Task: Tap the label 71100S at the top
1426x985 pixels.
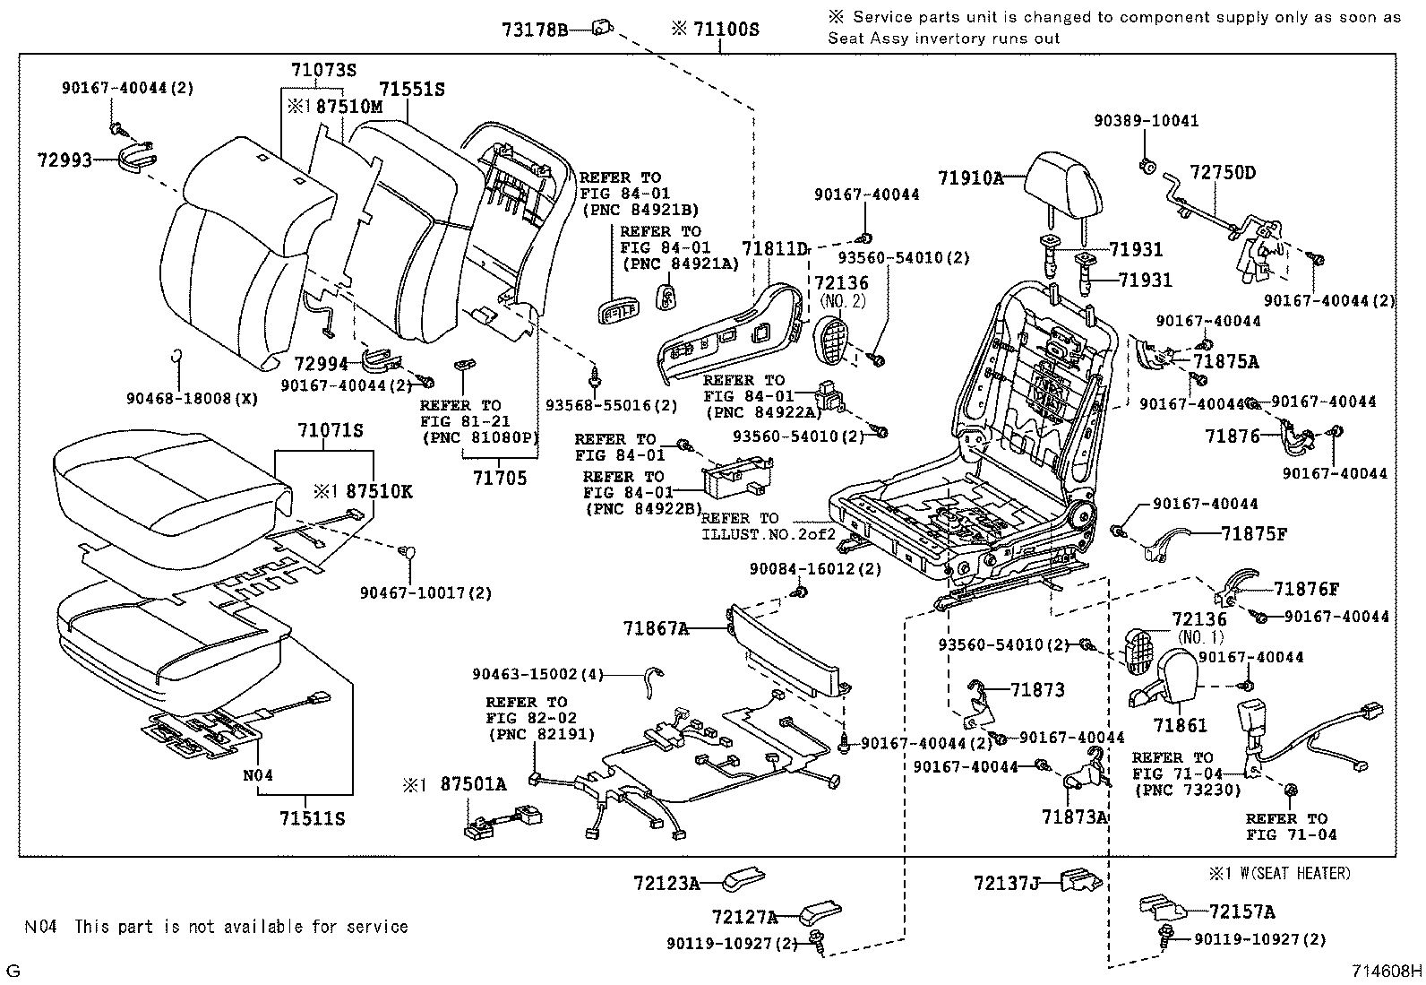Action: [x=726, y=30]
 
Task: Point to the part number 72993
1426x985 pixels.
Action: [x=65, y=160]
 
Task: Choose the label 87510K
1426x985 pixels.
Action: [x=379, y=491]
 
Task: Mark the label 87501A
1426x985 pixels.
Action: [x=473, y=785]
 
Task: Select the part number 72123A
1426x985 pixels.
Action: [x=666, y=884]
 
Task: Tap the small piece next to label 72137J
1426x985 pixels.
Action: [x=1079, y=880]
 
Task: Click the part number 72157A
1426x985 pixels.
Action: [x=1241, y=912]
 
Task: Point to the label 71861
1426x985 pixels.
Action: [x=1181, y=726]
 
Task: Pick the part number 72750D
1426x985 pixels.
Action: [x=1223, y=172]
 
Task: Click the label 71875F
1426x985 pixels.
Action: [x=1254, y=534]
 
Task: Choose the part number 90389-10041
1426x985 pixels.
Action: [x=1146, y=121]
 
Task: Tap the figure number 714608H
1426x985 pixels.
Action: [x=1387, y=970]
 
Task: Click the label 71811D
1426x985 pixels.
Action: [x=775, y=248]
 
